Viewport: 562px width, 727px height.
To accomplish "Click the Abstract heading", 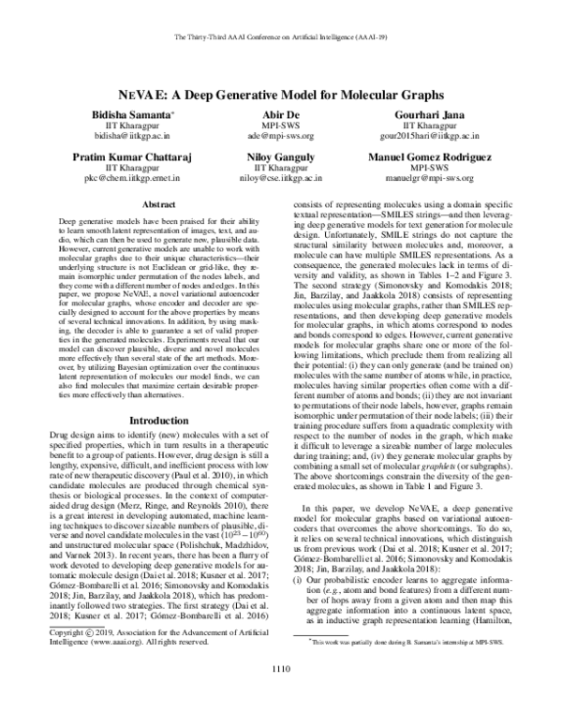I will coord(155,203).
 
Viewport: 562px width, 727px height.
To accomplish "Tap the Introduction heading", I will coord(155,422).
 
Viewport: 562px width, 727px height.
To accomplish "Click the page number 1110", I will coord(281,694).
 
